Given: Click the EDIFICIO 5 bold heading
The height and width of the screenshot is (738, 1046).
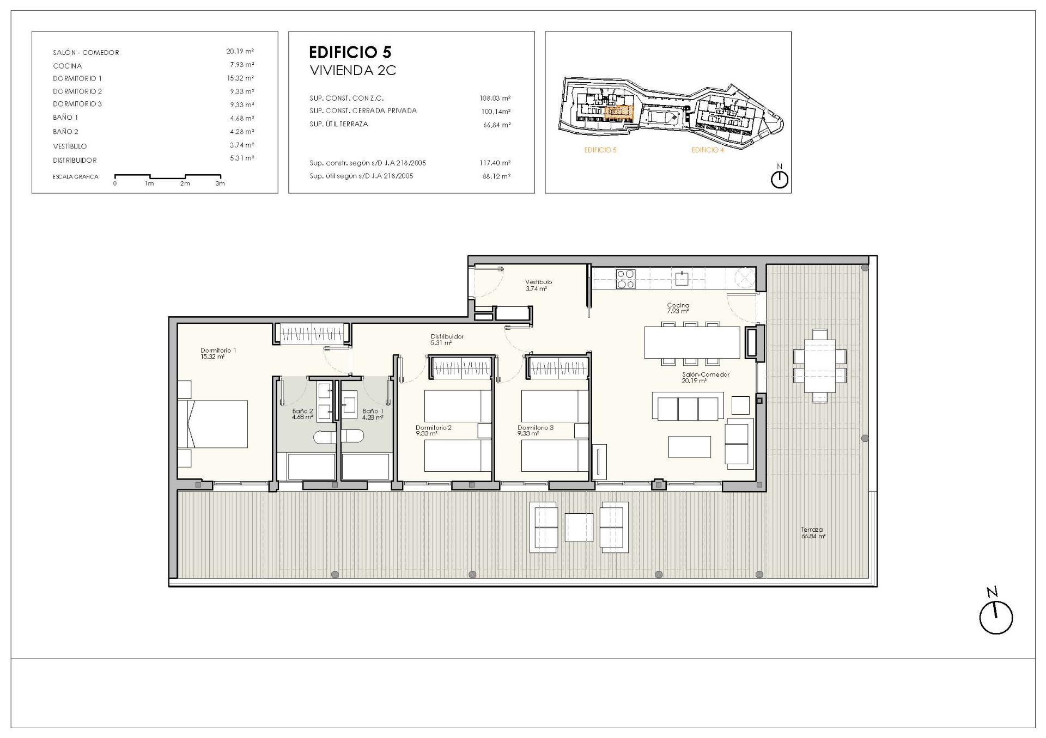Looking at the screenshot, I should point(350,52).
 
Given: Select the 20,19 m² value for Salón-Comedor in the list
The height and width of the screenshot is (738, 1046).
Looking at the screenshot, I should point(240,52).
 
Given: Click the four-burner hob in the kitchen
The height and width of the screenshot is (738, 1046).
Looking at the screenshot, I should point(625,279).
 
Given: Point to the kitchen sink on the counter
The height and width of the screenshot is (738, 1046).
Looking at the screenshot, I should point(681,279).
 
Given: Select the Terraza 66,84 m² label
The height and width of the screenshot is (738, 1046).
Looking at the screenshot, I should point(812,533).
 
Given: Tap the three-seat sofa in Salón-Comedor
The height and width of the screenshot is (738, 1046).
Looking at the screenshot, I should point(688,409).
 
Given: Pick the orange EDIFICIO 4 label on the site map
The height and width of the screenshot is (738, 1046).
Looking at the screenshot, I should point(707,150).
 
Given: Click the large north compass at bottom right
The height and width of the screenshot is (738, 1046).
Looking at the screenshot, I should point(995,617).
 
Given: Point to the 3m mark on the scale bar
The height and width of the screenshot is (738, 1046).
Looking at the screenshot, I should point(220,183).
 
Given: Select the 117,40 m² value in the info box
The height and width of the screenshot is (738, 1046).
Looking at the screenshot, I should point(496,163).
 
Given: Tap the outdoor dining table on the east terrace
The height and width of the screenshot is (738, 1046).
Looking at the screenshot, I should point(819,365).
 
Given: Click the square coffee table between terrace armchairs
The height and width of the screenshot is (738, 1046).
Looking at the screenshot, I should point(579,527).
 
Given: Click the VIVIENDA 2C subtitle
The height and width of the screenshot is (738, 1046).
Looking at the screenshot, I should point(352,70).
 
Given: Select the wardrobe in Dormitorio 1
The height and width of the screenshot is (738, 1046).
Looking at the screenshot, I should point(312,333).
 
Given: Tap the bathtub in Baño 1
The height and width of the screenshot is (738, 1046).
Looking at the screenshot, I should point(365,466).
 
